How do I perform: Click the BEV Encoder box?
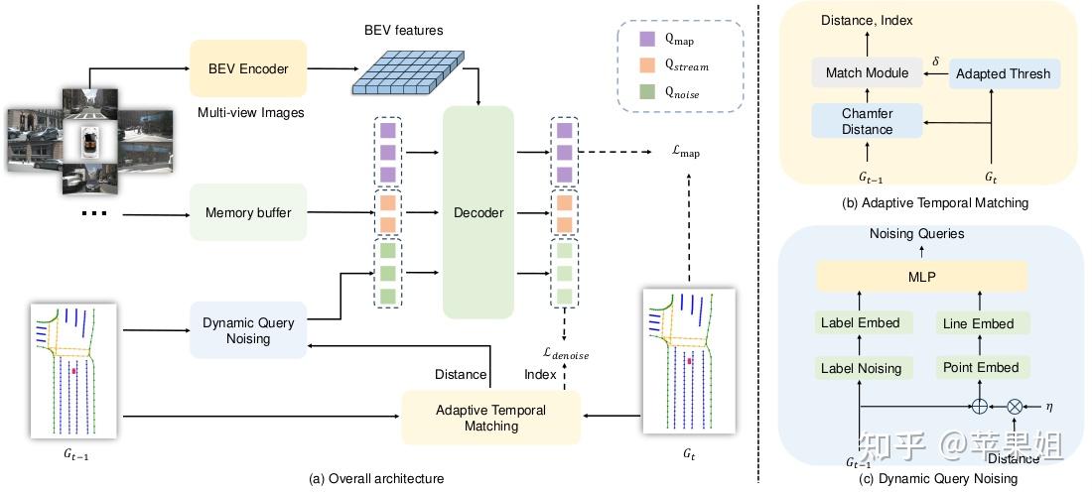(x=249, y=69)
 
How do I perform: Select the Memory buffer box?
(x=249, y=212)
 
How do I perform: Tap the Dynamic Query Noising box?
(x=249, y=330)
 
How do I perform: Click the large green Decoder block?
(x=478, y=212)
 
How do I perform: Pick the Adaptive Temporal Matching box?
(x=491, y=418)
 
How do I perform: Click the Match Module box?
(x=868, y=73)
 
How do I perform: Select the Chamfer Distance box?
(x=868, y=121)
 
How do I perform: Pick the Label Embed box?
(x=861, y=323)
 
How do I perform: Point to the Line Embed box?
(x=979, y=323)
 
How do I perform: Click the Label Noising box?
(x=861, y=368)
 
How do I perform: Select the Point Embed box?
(x=979, y=367)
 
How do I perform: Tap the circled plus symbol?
(x=980, y=406)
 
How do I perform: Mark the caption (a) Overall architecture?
(x=376, y=478)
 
